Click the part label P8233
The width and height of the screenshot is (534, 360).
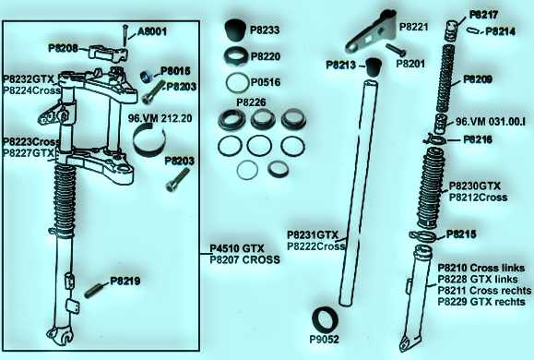pos(265,30)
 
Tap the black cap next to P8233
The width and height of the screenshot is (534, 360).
pos(235,30)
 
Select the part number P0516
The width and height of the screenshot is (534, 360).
pos(266,82)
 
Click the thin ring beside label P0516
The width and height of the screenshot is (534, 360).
pos(237,82)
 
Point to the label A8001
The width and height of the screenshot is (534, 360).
pos(152,31)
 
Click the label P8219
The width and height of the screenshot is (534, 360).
pos(125,282)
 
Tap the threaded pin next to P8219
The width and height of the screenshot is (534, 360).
pos(94,291)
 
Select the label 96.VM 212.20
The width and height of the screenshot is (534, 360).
pos(160,118)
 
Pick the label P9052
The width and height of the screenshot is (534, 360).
pos(325,339)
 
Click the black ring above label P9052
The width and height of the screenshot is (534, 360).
pos(326,320)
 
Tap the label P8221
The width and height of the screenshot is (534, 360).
pos(413,27)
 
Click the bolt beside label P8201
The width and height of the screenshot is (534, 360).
pos(396,50)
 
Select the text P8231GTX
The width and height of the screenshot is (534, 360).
pos(313,234)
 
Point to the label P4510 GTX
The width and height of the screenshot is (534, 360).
pos(237,248)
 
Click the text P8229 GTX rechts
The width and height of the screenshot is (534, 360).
pos(481,302)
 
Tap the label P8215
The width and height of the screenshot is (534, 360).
pos(461,234)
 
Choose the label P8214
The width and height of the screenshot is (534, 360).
pos(500,31)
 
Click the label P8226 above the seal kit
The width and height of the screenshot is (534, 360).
pos(251,102)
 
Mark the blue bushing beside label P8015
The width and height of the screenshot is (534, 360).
pos(147,77)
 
